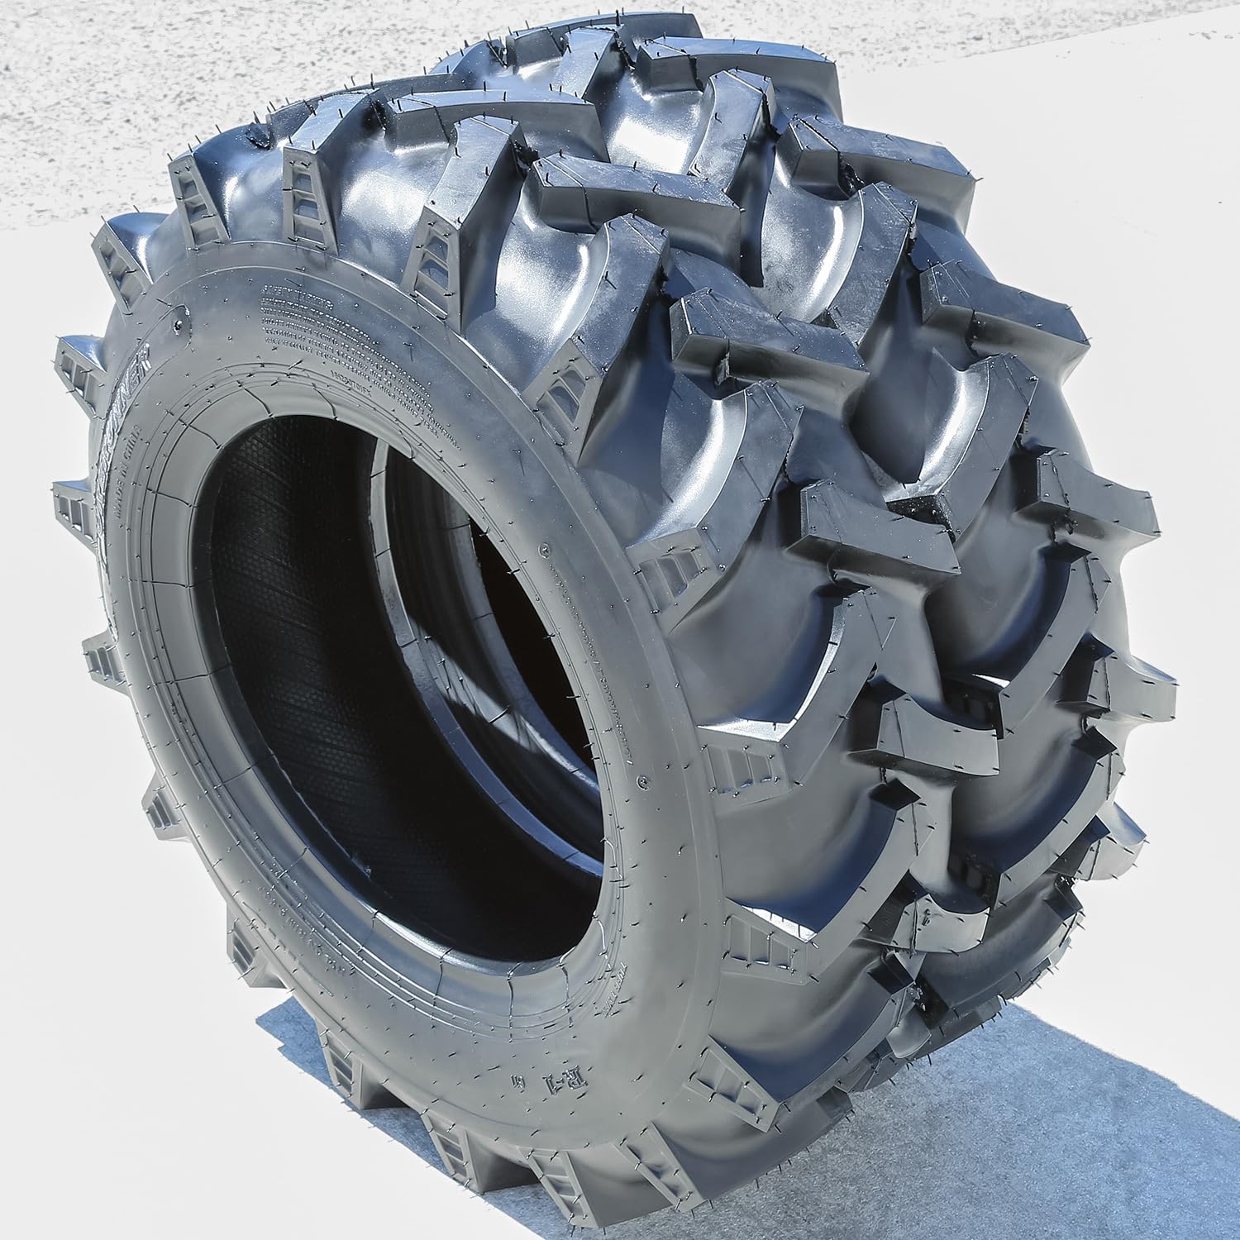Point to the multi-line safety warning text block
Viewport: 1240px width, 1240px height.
tap(347, 347)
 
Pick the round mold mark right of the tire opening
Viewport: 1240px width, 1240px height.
tap(543, 548)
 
